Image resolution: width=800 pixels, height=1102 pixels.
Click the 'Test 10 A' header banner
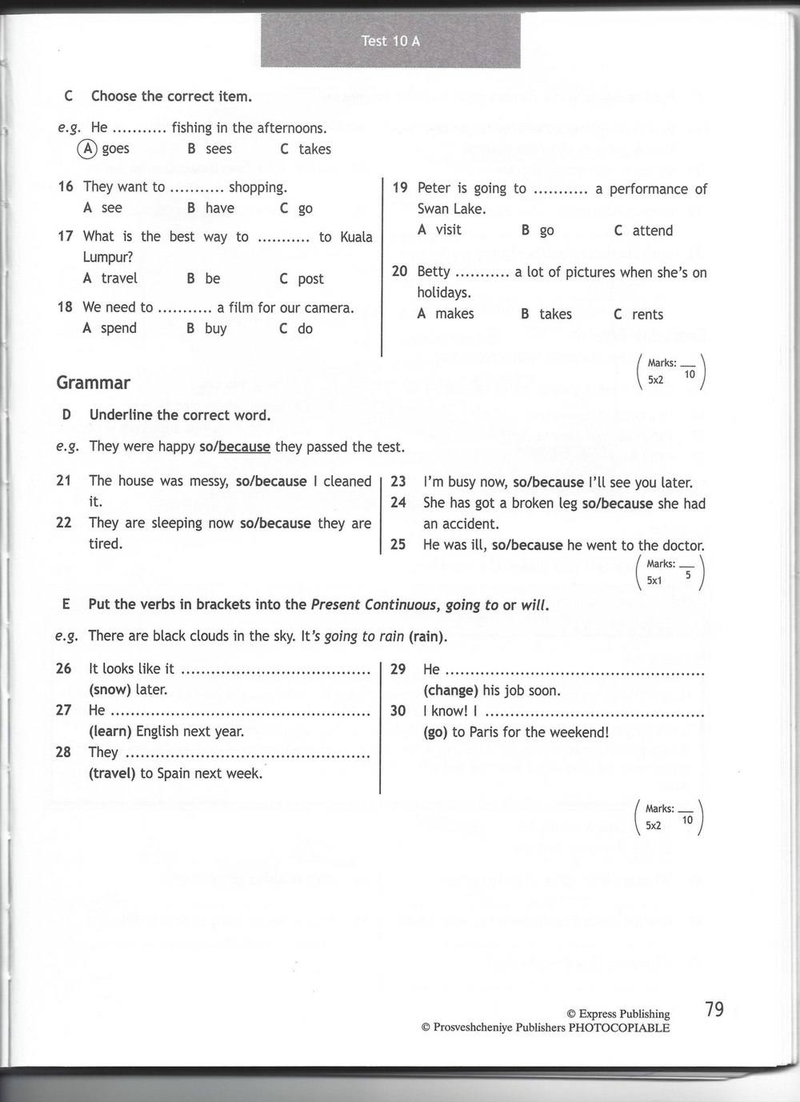click(x=390, y=41)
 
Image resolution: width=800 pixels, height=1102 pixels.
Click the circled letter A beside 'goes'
click(x=87, y=149)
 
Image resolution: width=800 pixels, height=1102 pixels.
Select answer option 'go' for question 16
click(x=305, y=208)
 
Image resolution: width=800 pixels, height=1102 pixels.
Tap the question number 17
click(x=66, y=236)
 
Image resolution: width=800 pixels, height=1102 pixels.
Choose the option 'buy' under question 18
click(x=215, y=328)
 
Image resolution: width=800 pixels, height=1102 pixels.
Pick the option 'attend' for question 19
click(x=652, y=230)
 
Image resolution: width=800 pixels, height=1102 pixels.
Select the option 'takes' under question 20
click(x=555, y=314)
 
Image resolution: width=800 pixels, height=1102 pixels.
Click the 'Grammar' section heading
click(x=93, y=383)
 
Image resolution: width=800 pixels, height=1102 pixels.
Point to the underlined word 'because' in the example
click(x=244, y=447)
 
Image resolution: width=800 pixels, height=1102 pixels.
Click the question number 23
click(x=398, y=482)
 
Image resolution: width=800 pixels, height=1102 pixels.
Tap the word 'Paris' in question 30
click(x=488, y=731)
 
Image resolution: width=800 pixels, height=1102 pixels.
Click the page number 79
click(x=714, y=1009)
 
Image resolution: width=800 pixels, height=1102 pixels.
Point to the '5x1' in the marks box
click(x=654, y=580)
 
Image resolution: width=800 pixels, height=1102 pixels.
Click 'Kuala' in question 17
click(x=356, y=237)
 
